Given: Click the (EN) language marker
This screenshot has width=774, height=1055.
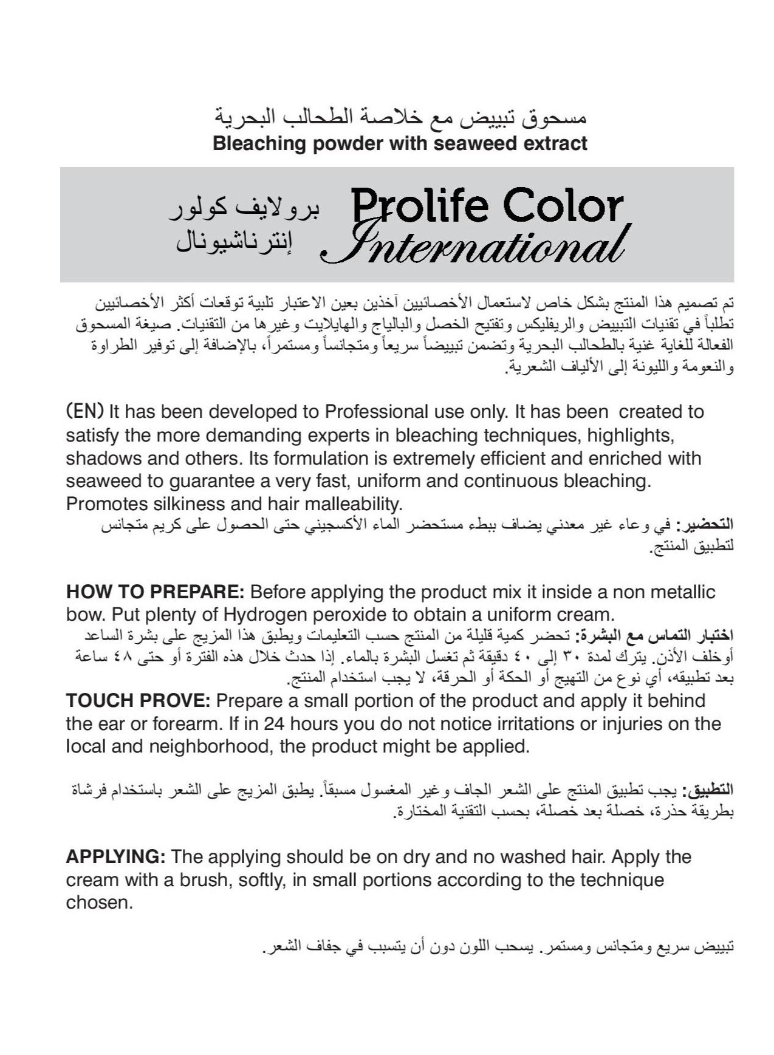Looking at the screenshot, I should pyautogui.click(x=84, y=412).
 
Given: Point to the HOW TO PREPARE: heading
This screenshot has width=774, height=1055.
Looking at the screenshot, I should pyautogui.click(x=155, y=592).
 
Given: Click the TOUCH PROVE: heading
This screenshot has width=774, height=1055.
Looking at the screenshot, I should pyautogui.click(x=138, y=701).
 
